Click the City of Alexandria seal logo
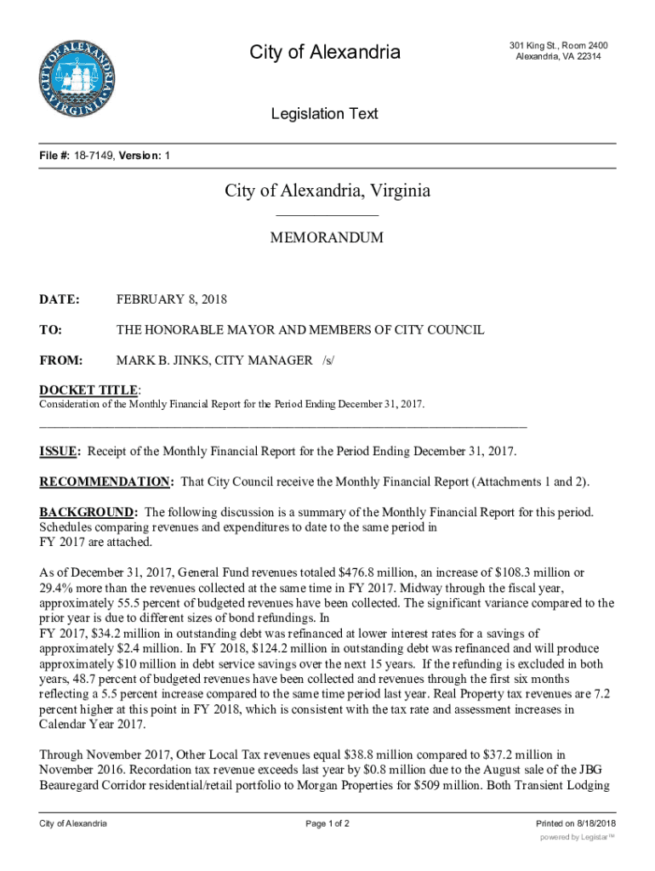pyautogui.click(x=77, y=77)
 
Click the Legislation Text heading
pyautogui.click(x=324, y=114)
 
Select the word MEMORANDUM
pyautogui.click(x=327, y=238)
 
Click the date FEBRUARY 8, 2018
pyautogui.click(x=172, y=299)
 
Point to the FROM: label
pyautogui.click(x=61, y=361)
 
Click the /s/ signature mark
pyautogui.click(x=327, y=361)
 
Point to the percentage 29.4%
pyautogui.click(x=56, y=589)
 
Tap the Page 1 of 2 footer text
pyautogui.click(x=327, y=824)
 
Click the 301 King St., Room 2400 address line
pyautogui.click(x=558, y=45)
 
